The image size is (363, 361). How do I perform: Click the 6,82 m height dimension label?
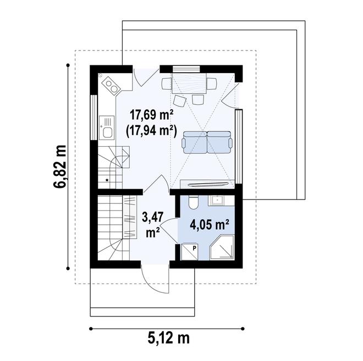(59, 167)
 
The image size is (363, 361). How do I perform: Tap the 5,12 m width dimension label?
(168, 338)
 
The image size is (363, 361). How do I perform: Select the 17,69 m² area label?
(152, 115)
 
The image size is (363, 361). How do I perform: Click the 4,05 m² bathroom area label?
(210, 224)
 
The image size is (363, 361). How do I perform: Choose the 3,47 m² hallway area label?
(153, 225)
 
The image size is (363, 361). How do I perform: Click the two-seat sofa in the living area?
(207, 142)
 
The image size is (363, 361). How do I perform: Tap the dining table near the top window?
(189, 84)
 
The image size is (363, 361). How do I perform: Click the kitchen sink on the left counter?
(107, 127)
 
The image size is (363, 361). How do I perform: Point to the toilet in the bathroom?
(193, 202)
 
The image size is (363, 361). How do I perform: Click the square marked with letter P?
(190, 252)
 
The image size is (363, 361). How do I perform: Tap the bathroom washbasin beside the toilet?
(217, 201)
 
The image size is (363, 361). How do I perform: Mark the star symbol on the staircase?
(107, 180)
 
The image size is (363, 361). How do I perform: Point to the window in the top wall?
(186, 69)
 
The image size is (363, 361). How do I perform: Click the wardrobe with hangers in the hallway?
(130, 217)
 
